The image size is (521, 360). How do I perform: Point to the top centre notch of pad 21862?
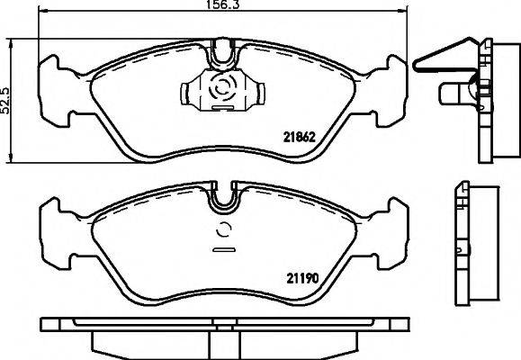(221, 54)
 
